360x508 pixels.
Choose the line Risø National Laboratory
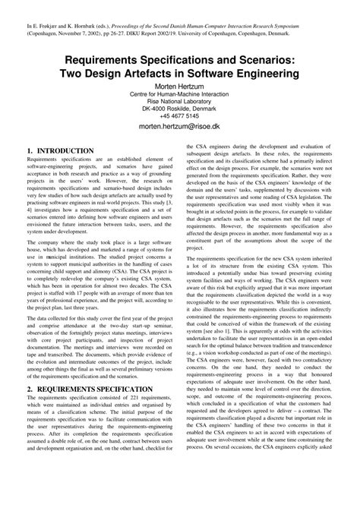click(179, 100)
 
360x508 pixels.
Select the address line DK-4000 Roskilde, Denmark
click(179, 109)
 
